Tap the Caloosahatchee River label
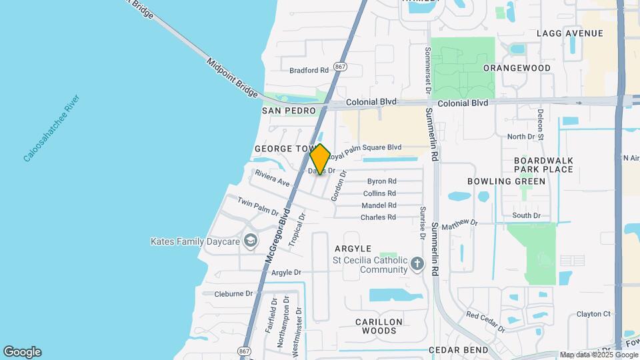[x=51, y=129]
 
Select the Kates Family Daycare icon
[x=251, y=241]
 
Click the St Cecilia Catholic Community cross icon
[x=417, y=263]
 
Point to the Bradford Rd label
[x=309, y=70]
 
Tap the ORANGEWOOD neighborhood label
[x=517, y=68]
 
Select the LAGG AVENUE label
[x=570, y=33]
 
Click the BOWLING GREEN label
[x=507, y=181]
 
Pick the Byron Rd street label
[x=382, y=181]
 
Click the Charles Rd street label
[x=378, y=217]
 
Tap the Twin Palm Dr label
[x=258, y=207]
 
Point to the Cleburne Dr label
[x=233, y=293]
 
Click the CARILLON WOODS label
[x=379, y=326]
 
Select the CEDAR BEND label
[x=460, y=350]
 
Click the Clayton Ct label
[x=593, y=314]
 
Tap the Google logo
[x=22, y=352]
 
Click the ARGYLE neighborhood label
[x=353, y=249]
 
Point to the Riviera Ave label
[x=272, y=178]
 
